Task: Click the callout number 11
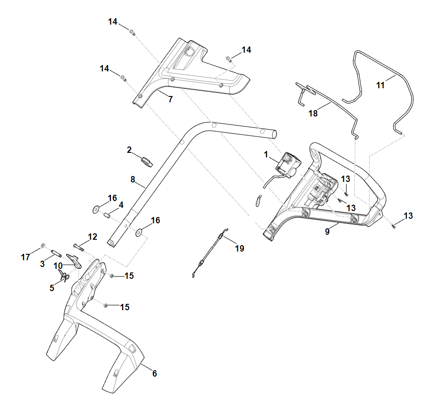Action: [380, 85]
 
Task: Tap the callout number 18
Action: [313, 113]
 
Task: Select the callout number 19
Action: [239, 248]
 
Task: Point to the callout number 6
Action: [154, 373]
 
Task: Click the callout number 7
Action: [171, 99]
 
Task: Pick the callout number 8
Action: [133, 180]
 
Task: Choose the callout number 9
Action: [327, 231]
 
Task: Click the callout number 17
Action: [25, 257]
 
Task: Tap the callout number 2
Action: [129, 150]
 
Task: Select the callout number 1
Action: [266, 155]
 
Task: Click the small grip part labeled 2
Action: [146, 161]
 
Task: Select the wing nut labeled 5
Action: [64, 276]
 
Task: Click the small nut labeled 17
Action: [42, 246]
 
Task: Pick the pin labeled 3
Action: [56, 252]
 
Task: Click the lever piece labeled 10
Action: [74, 260]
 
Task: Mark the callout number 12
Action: [92, 237]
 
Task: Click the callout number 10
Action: [58, 265]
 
